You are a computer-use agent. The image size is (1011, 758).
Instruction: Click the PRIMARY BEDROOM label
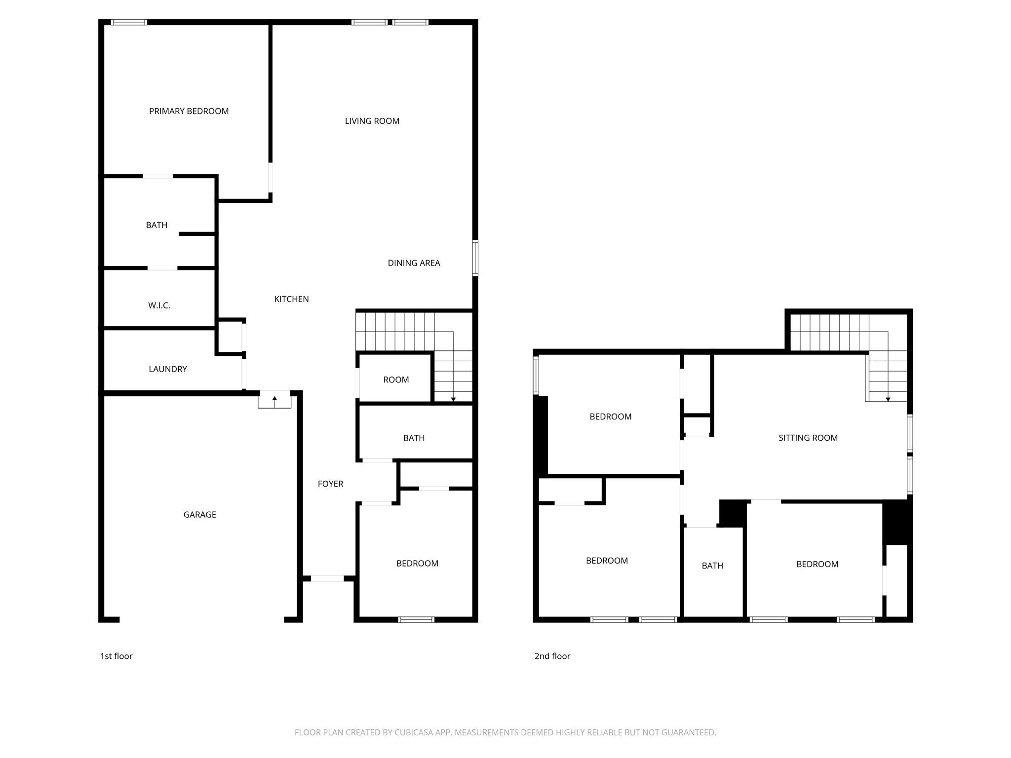coord(189,111)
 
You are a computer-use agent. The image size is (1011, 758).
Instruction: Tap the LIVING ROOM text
coord(372,121)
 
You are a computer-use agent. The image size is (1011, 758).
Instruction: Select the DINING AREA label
coord(414,263)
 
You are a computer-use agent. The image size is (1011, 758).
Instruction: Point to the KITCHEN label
coord(291,299)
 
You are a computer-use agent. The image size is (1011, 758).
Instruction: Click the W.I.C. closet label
coord(159,305)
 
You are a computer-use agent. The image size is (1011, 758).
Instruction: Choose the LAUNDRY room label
coord(168,369)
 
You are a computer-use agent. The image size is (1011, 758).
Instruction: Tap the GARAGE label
coord(199,515)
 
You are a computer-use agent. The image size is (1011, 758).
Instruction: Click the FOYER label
coord(330,484)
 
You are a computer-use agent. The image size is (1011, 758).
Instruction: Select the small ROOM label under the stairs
coord(396,380)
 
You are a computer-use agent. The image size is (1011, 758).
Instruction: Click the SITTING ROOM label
coord(808,438)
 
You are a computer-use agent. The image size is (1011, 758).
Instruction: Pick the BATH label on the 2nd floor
coord(712,566)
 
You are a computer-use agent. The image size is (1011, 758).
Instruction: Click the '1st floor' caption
coord(117,656)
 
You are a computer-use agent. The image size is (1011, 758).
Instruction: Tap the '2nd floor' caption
coord(552,656)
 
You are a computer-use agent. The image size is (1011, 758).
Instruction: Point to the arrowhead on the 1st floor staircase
coord(453,399)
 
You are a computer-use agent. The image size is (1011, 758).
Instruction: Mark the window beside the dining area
coord(475,258)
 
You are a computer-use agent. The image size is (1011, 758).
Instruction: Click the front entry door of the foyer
coord(327,578)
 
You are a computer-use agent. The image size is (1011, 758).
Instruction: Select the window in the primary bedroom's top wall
coord(129,22)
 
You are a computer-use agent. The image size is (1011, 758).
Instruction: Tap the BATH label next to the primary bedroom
coord(156,225)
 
